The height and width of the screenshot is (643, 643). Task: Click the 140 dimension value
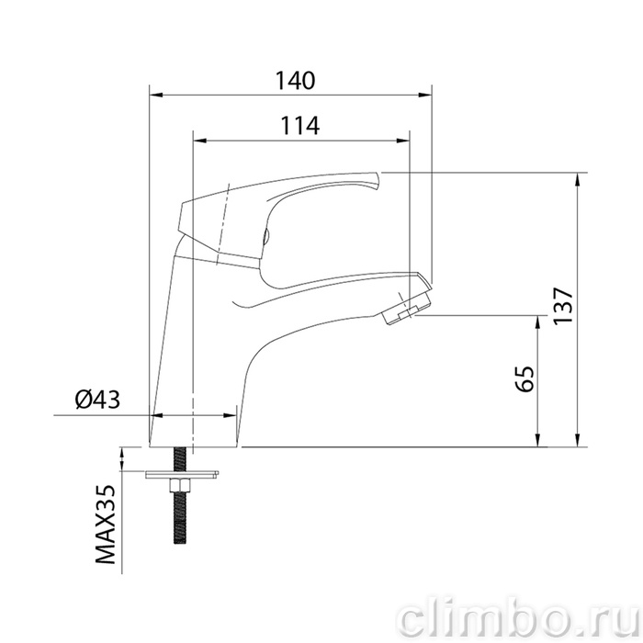[295, 81]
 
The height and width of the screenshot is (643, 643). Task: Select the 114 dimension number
[299, 126]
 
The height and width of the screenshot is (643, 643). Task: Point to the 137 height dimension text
[562, 306]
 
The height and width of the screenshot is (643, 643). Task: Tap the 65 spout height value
[525, 378]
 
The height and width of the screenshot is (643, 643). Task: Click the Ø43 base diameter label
[97, 399]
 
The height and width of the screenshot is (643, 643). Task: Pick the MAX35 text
[105, 525]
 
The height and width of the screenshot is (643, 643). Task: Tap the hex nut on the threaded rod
[179, 486]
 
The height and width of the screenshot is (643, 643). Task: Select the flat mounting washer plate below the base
[182, 474]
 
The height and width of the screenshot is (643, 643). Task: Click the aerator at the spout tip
[406, 306]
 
